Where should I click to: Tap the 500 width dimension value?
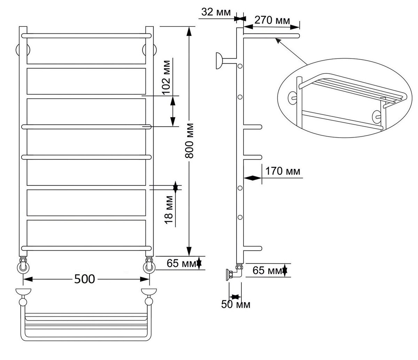84,279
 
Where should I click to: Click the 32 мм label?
216,12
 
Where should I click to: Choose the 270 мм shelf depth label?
272,20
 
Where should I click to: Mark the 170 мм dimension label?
283,171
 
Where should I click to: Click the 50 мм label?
236,305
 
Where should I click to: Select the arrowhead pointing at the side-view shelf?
277,40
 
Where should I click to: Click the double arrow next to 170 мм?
252,178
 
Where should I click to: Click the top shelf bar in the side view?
271,35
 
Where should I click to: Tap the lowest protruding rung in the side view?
252,248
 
